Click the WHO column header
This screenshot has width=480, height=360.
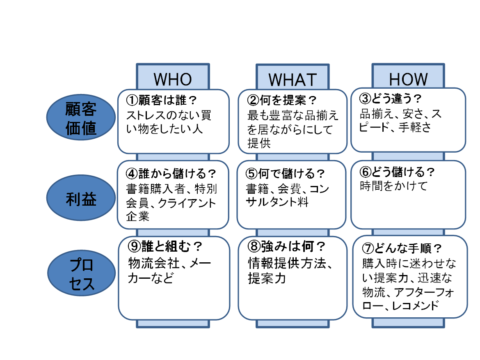pos(173,79)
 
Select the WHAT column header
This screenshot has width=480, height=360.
pos(293,79)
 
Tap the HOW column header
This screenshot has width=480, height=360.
pos(408,79)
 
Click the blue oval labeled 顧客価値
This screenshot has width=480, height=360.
pos(81,118)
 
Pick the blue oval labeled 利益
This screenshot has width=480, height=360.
pos(81,199)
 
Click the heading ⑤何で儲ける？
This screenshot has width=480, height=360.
pos(286,173)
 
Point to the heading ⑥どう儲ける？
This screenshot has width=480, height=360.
pos(397,172)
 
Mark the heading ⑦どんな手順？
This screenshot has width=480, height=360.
pos(402,248)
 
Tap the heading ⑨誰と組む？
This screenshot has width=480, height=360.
pos(165,246)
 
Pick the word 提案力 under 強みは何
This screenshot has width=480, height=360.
pos(267,278)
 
